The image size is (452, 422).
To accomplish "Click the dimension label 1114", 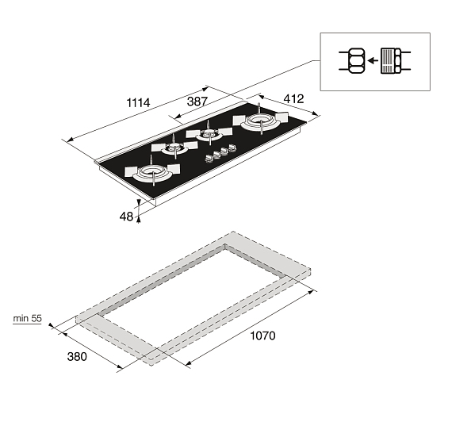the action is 138,102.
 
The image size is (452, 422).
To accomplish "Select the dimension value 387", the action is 197,102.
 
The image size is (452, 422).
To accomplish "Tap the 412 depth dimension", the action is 293,99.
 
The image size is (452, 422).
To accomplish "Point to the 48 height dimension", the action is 126,217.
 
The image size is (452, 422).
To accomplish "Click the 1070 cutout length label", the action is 262,336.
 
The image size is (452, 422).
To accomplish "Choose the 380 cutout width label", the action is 77,356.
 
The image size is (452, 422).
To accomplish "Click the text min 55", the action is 28,318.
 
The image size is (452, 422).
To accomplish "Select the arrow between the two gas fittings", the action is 373,60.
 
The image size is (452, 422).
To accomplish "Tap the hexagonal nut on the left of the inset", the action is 356,60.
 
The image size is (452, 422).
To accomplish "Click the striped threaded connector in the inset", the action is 387,60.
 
